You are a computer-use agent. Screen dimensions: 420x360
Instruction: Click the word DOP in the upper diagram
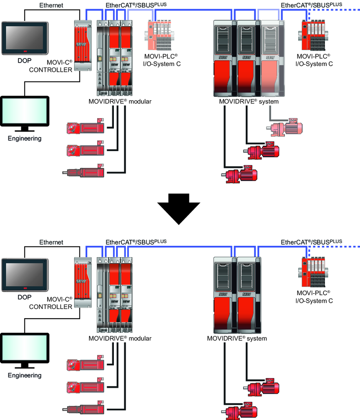pyautogui.click(x=24, y=61)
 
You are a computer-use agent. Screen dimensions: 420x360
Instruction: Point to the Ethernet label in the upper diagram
pyautogui.click(x=51, y=5)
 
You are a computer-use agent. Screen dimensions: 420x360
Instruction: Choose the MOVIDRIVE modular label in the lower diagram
pyautogui.click(x=120, y=338)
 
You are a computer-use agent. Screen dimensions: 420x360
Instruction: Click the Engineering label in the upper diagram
pyautogui.click(x=25, y=138)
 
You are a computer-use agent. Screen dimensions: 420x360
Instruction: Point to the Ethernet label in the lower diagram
pyautogui.click(x=51, y=242)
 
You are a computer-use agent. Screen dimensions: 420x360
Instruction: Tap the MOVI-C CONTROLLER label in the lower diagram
pyautogui.click(x=50, y=303)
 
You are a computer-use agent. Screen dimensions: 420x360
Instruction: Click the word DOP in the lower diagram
pyautogui.click(x=24, y=298)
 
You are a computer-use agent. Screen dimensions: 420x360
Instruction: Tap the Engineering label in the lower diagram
pyautogui.click(x=25, y=375)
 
